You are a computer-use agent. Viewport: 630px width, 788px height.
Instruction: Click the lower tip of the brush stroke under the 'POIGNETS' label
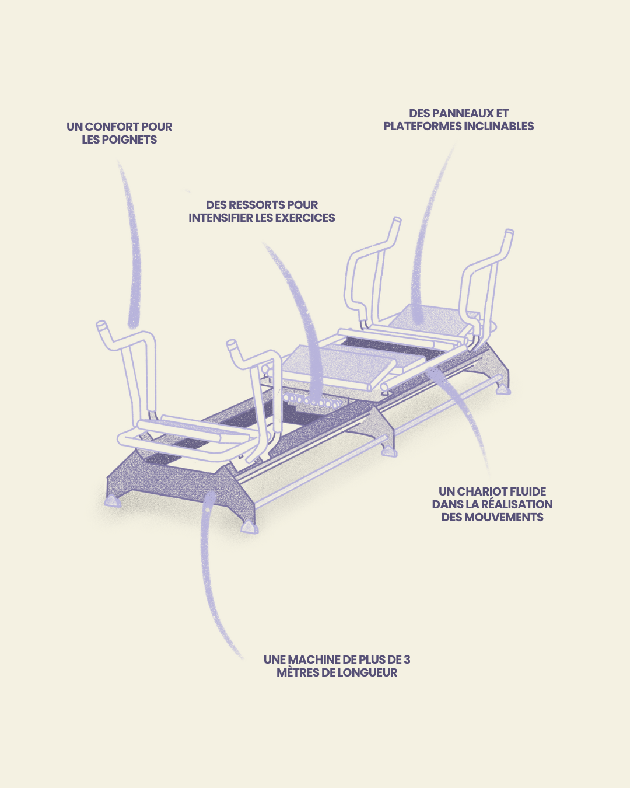click(x=133, y=326)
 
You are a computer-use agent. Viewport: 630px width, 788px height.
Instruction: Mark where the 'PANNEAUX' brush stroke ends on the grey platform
click(x=416, y=319)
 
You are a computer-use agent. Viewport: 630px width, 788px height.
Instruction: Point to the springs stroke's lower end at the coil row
click(x=316, y=400)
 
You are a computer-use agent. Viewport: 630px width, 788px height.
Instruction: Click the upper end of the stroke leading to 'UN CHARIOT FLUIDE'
click(x=434, y=371)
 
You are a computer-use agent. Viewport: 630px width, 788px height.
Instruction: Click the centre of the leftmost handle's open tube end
click(x=101, y=325)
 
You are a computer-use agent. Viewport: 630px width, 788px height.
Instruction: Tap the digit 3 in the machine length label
click(x=407, y=660)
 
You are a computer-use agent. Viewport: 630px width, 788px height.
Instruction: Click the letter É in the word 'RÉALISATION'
click(x=491, y=504)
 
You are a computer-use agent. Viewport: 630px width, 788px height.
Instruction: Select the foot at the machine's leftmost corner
click(x=113, y=501)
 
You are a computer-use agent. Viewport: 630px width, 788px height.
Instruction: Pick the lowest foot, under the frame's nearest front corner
click(x=250, y=527)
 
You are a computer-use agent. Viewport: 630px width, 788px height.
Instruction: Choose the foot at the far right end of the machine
click(x=503, y=389)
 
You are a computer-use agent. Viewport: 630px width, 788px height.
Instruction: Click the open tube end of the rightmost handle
click(x=509, y=232)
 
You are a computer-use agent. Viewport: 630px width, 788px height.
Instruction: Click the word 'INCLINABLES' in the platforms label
click(x=499, y=126)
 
